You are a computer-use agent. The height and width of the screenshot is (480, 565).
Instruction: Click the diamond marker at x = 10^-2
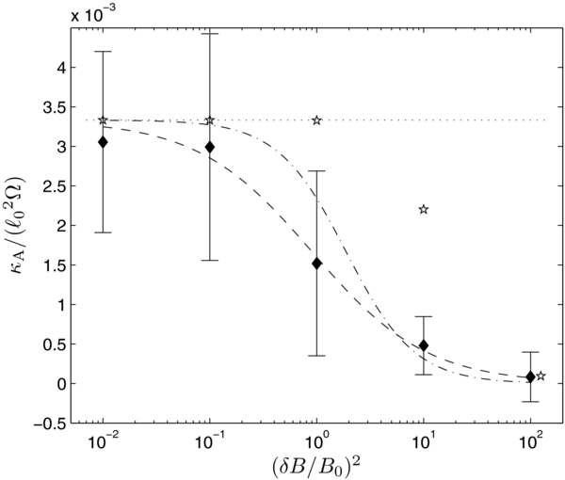[x=103, y=142]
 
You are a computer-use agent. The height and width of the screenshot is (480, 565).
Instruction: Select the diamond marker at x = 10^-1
[x=210, y=147]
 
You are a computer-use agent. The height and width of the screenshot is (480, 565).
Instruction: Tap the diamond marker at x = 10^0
[x=316, y=264]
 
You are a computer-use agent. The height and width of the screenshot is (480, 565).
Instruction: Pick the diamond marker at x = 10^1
[x=424, y=345]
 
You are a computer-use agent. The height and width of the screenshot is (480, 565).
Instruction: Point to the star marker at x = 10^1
[x=424, y=209]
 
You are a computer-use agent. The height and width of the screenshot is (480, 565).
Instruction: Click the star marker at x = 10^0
[x=316, y=120]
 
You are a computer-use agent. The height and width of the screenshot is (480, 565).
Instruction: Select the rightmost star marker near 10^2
[x=541, y=376]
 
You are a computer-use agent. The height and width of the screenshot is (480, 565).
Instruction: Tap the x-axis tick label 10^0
[x=316, y=440]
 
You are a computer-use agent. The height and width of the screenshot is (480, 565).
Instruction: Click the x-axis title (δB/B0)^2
[x=315, y=465]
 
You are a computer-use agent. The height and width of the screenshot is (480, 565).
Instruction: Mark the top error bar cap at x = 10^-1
[x=210, y=34]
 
